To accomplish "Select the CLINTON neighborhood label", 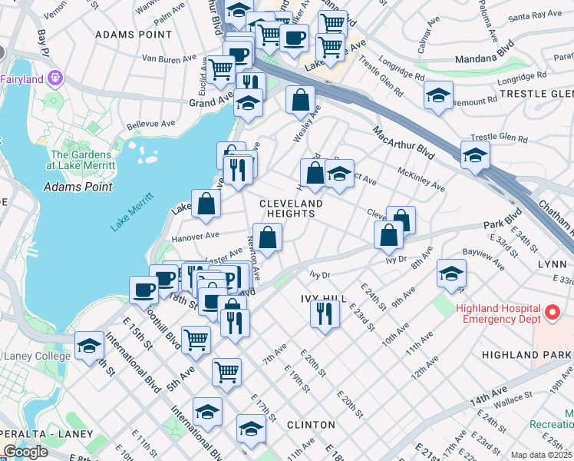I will click(x=311, y=425).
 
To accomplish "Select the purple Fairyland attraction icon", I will click(x=55, y=78).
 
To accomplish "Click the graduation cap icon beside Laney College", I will click(x=90, y=345).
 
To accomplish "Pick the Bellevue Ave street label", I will click(x=152, y=123).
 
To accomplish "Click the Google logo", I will click(x=25, y=452).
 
